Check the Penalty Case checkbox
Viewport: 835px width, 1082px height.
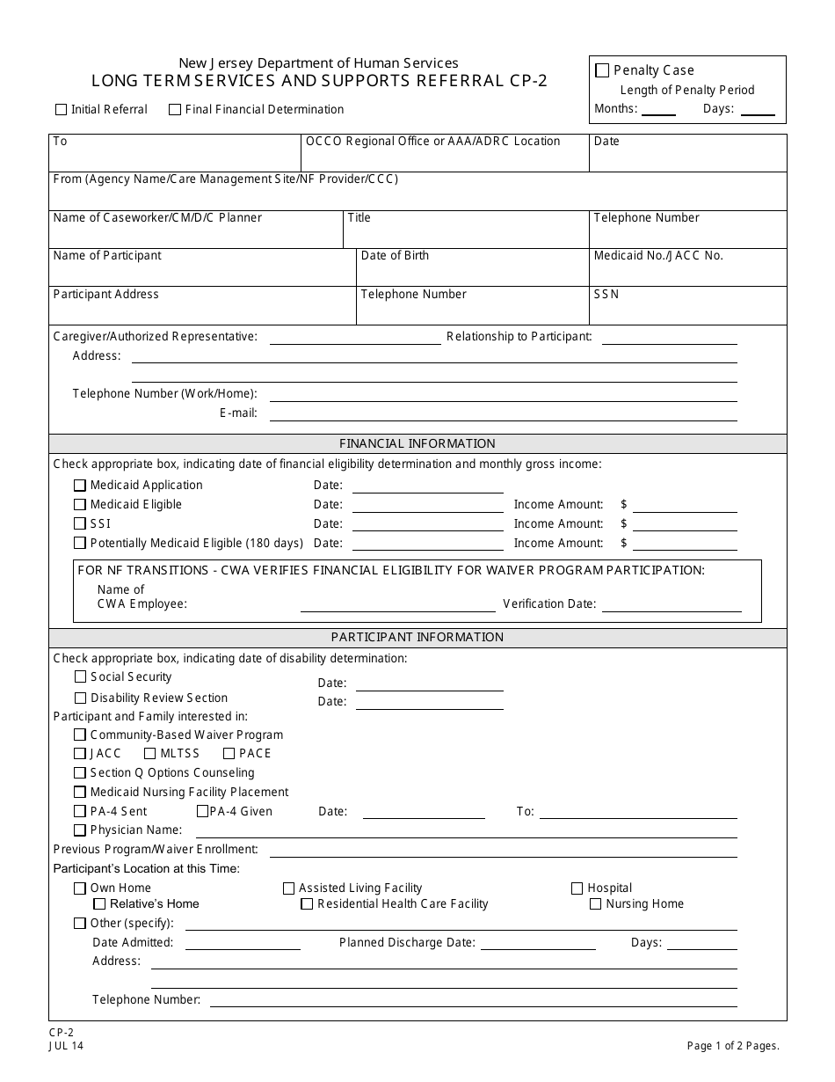click(x=602, y=70)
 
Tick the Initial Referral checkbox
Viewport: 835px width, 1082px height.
click(x=61, y=110)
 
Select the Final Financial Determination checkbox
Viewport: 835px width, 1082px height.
click(x=175, y=110)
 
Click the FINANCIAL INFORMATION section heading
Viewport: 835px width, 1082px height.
click(x=417, y=443)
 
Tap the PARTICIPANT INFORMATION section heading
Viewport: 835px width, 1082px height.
click(x=417, y=637)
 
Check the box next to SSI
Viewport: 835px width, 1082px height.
click(x=80, y=524)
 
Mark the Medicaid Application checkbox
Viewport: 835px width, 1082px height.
click(x=80, y=486)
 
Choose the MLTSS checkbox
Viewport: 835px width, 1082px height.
click(x=150, y=754)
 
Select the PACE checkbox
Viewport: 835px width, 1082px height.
click(x=229, y=754)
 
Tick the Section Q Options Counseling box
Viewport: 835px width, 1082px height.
click(x=80, y=773)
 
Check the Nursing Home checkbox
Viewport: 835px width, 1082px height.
click(x=595, y=904)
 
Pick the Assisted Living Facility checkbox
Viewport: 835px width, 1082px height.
click(x=288, y=888)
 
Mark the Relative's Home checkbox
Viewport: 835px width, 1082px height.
click(x=99, y=904)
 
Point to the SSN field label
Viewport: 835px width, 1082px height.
click(x=606, y=295)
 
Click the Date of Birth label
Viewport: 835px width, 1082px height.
click(x=395, y=256)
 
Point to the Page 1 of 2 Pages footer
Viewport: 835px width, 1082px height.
click(x=733, y=1046)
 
